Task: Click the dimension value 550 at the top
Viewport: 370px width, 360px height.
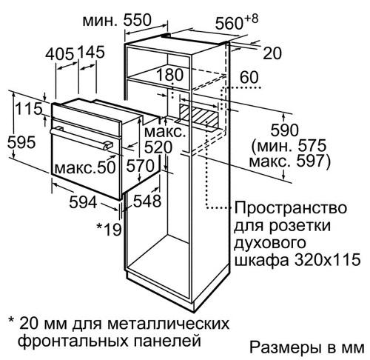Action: [x=137, y=20]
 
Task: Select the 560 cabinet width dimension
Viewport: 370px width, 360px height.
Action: [x=229, y=24]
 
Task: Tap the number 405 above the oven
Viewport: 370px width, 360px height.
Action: [x=59, y=53]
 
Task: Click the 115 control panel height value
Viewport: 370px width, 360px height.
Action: [x=29, y=109]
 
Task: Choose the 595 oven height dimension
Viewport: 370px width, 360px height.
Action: [x=21, y=142]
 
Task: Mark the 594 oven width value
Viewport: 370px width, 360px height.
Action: [x=83, y=202]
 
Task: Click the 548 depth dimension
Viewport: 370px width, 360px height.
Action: [x=147, y=201]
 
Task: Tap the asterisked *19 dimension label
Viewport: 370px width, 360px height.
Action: [x=109, y=229]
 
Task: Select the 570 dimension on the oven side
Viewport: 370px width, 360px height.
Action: [x=140, y=166]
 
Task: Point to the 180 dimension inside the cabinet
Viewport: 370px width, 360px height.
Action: [x=170, y=75]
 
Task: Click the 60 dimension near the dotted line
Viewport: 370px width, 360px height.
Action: [x=249, y=77]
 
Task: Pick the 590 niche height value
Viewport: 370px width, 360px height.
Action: [x=284, y=130]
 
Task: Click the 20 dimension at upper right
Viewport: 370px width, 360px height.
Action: [x=272, y=53]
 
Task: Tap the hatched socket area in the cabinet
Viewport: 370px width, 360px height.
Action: [x=199, y=116]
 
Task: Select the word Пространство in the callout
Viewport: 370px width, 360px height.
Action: [x=291, y=209]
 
